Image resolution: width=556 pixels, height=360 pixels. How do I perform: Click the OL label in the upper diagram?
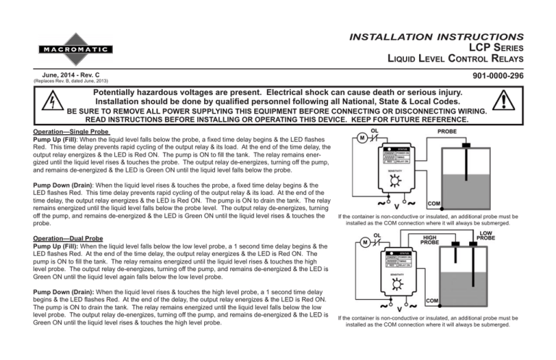374,131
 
